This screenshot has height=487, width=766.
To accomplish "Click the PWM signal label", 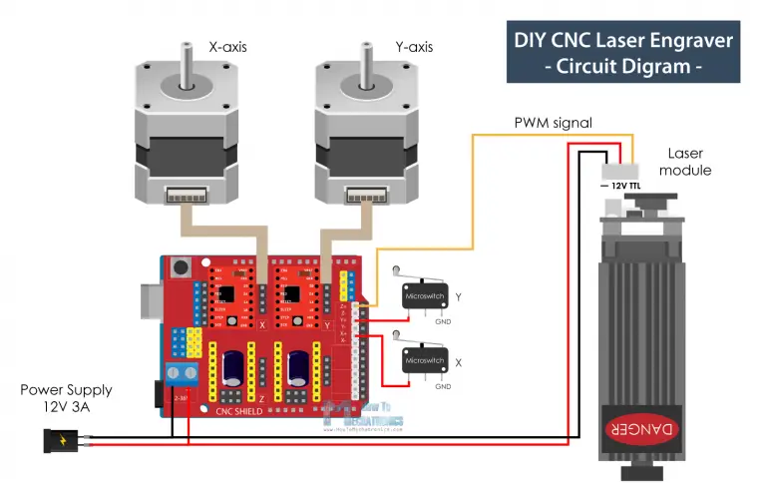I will (553, 123).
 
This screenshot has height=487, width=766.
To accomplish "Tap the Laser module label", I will (686, 162).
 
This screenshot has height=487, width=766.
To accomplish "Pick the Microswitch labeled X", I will (424, 359).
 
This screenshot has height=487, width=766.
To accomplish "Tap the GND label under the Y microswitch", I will (442, 321).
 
